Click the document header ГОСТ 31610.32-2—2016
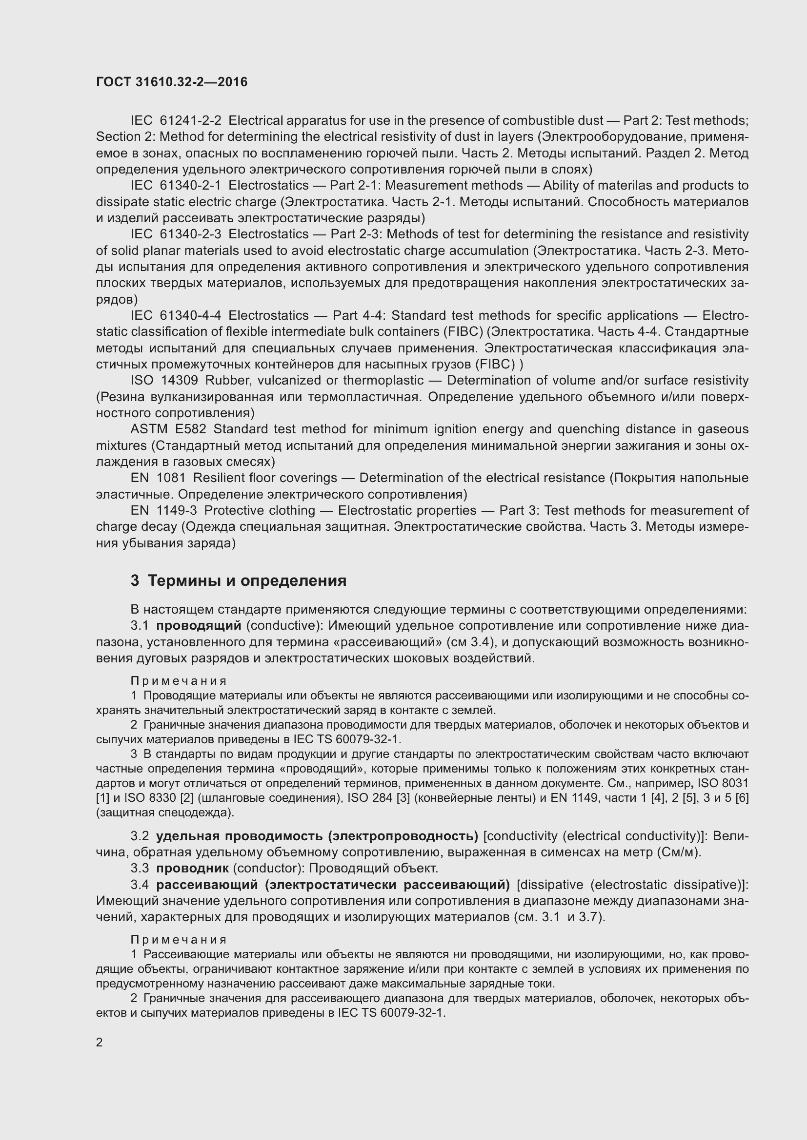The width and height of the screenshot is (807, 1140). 171,82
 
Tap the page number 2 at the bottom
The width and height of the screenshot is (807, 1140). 100,1042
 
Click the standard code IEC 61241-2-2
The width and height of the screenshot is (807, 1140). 176,121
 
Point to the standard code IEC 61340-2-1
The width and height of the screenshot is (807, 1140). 176,186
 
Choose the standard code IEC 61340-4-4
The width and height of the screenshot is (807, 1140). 176,316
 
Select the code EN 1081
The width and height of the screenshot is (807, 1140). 158,478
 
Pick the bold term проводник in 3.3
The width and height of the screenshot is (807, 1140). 192,869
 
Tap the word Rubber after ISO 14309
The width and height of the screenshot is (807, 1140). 222,381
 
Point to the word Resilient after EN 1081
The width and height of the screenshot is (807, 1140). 217,478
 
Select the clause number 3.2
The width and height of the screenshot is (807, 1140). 140,836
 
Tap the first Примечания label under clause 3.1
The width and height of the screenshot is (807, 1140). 179,681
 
